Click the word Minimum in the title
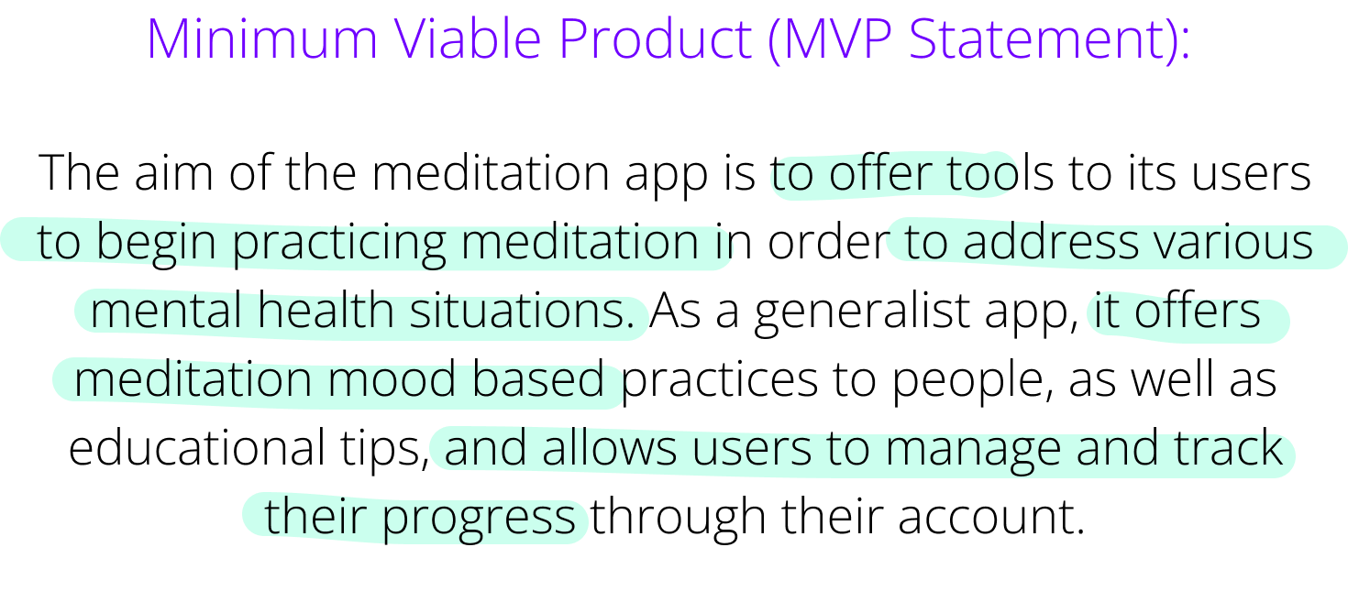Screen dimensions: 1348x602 pos(261,38)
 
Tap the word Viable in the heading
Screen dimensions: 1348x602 pos(469,38)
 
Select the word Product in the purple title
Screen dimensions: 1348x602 pos(656,38)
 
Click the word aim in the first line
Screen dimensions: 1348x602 pos(173,172)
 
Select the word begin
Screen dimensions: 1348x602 pos(155,242)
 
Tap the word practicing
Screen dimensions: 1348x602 pos(338,242)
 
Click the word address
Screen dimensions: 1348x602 pos(1051,242)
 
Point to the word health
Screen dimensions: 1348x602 pos(326,311)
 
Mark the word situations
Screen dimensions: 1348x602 pos(522,311)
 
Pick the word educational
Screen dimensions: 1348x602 pos(197,448)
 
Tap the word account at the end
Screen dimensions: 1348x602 pos(992,517)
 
